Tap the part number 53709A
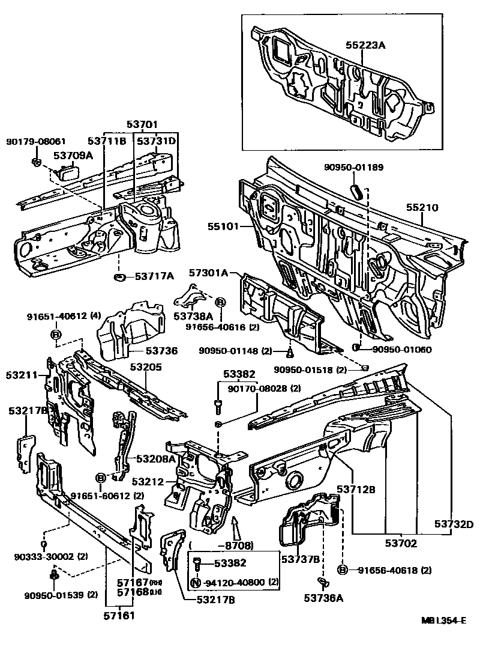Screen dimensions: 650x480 (x=73, y=156)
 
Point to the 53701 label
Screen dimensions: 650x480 (x=142, y=124)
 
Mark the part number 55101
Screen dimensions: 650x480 (x=224, y=227)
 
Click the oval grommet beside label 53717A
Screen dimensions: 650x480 (x=119, y=277)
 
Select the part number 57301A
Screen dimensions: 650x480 (x=209, y=273)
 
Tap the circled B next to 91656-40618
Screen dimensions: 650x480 (x=342, y=569)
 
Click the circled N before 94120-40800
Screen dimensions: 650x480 (x=195, y=582)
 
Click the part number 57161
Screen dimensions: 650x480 (x=121, y=616)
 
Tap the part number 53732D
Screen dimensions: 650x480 (x=454, y=523)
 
